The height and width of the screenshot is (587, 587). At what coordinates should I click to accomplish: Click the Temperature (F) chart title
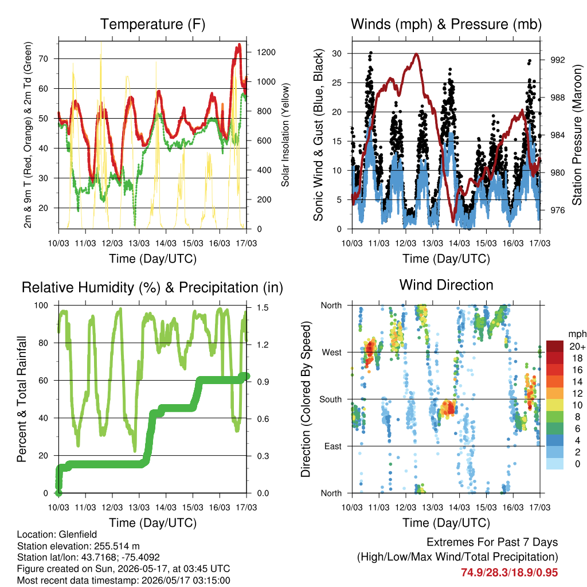tap(152, 24)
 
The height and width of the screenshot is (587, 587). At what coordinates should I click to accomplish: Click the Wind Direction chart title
tap(446, 285)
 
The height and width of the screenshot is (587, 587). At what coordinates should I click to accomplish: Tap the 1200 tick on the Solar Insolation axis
tap(266, 52)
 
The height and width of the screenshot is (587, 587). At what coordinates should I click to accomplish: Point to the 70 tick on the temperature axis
tap(44, 59)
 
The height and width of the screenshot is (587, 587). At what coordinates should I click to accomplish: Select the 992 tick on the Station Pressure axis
tap(557, 60)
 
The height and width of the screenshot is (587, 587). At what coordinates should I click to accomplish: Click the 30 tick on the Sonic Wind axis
tap(337, 53)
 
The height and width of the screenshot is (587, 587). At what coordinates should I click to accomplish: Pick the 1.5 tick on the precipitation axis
tap(263, 307)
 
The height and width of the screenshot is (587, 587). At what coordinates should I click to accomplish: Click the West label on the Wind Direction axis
tap(332, 353)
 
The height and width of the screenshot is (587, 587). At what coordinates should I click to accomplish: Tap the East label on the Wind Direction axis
tap(333, 446)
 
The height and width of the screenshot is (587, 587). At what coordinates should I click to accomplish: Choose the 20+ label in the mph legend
tap(577, 346)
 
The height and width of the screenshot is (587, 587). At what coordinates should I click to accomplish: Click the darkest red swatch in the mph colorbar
tap(555, 346)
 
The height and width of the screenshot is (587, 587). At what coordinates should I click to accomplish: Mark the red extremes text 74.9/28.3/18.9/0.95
tap(509, 573)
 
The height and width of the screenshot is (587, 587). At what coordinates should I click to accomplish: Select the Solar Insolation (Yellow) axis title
tap(285, 135)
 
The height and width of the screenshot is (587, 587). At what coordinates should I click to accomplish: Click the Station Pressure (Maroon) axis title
tap(577, 135)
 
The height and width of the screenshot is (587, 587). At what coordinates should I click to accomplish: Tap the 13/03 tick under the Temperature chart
tap(139, 243)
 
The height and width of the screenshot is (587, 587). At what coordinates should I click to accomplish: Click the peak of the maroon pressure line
tap(416, 54)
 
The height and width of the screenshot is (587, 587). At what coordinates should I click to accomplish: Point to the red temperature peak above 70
tap(239, 45)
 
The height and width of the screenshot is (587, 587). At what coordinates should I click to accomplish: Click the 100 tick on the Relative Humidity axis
tap(41, 306)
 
